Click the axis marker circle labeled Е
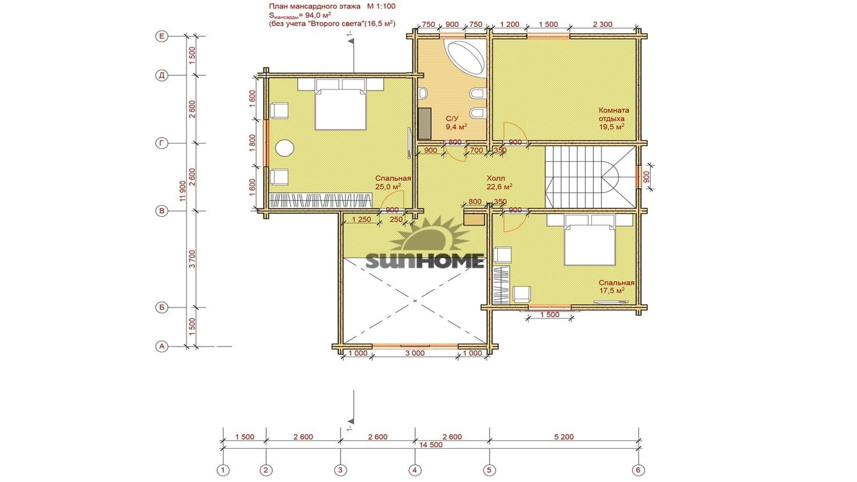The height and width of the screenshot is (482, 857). [162, 37]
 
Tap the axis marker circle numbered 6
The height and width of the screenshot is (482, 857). [638, 470]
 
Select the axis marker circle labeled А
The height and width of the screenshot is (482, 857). [162, 347]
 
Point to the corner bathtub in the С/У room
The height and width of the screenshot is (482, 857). [466, 58]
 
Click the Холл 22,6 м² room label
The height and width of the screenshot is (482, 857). [499, 183]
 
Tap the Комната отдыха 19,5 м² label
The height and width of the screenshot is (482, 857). [614, 118]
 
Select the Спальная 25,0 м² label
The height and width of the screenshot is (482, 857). [393, 183]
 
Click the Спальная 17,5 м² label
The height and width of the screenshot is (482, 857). [616, 287]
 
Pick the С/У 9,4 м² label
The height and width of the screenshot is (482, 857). [456, 123]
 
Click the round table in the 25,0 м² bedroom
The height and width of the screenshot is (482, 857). [285, 148]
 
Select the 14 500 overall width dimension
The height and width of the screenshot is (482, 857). [431, 444]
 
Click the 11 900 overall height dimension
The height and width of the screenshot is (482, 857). [182, 191]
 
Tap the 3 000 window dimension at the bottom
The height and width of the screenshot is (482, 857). [415, 353]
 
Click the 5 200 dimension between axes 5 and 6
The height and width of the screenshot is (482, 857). [564, 437]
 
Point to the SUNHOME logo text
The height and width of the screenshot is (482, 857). [425, 262]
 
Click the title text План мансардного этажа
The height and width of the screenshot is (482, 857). [314, 6]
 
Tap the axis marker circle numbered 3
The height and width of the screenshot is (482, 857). [341, 470]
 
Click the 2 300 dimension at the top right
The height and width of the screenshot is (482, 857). [603, 25]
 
